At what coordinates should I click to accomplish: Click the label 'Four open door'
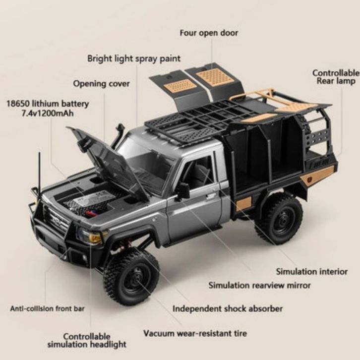click(x=208, y=33)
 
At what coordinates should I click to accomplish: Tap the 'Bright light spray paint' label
click(x=134, y=59)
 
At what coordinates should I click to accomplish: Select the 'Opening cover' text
click(x=102, y=83)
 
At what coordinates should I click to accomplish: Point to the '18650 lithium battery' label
click(x=48, y=104)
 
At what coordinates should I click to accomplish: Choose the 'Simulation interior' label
click(x=312, y=272)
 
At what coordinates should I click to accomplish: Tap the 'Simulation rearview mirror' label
click(x=259, y=285)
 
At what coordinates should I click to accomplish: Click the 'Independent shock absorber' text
click(x=228, y=308)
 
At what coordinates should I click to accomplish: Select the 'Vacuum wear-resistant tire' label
click(x=195, y=333)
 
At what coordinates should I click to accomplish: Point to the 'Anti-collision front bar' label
click(x=47, y=308)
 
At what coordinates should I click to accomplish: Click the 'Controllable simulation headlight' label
click(x=87, y=340)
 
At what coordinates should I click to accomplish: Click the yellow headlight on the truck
click(x=95, y=238)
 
